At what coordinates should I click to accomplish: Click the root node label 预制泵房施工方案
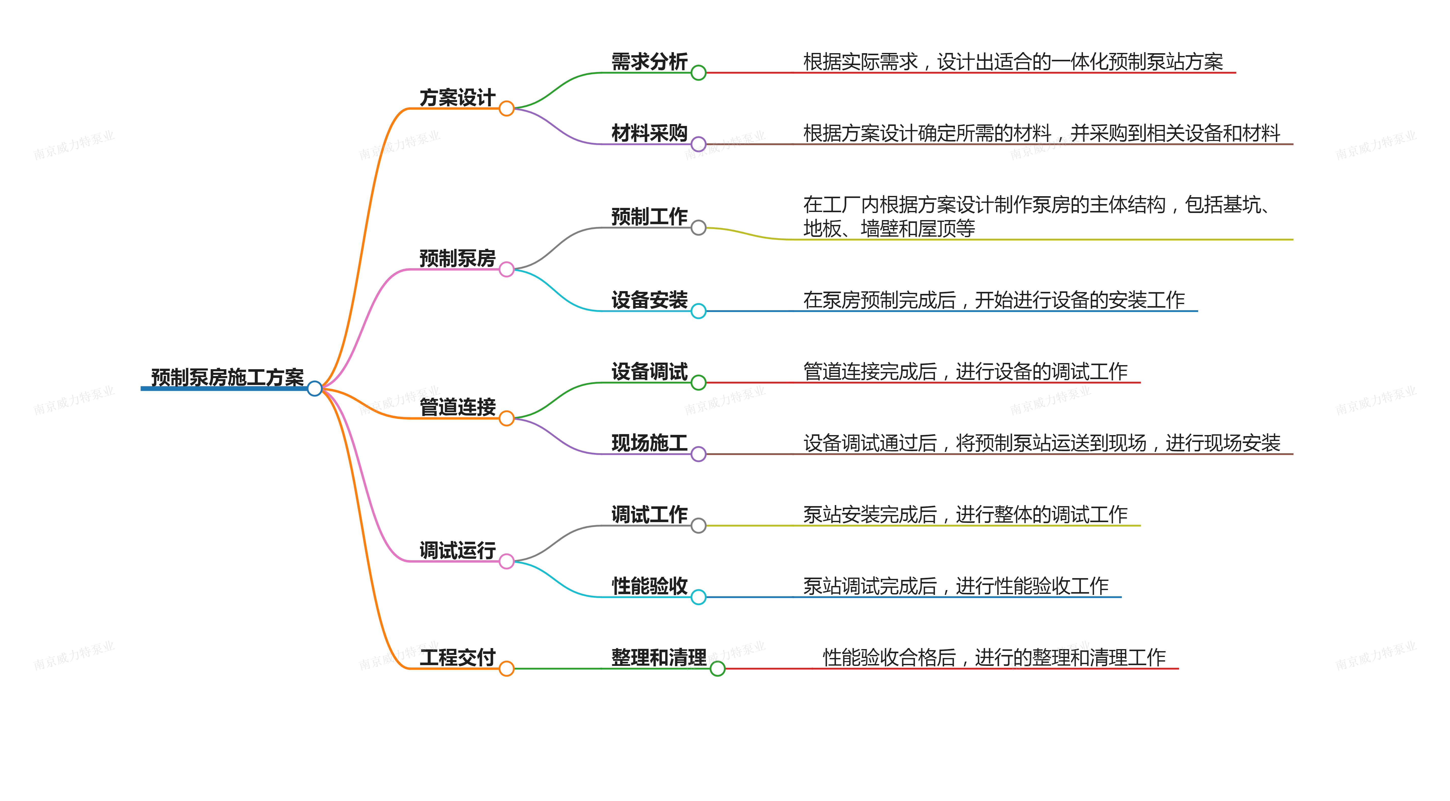pos(227,377)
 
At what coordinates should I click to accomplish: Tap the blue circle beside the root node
pos(315,388)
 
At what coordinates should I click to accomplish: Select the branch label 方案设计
pos(457,97)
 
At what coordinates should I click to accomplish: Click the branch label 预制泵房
pos(457,258)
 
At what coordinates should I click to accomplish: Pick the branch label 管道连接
pos(457,407)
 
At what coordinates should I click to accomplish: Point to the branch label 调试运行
pos(457,550)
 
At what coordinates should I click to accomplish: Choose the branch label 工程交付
pos(457,657)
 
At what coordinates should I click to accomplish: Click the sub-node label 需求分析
pos(650,61)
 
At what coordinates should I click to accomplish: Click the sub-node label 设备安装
pos(650,300)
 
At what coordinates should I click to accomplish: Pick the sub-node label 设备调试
pos(650,371)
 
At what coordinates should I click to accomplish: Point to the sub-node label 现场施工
pos(650,443)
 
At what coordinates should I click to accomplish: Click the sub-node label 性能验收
pos(650,586)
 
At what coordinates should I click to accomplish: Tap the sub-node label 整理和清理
pos(659,657)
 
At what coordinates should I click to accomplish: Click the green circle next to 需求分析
pos(699,73)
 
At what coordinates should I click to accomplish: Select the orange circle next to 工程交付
pos(506,669)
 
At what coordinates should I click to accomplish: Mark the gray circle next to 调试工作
pos(699,526)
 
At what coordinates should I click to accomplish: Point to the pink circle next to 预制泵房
pos(506,270)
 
